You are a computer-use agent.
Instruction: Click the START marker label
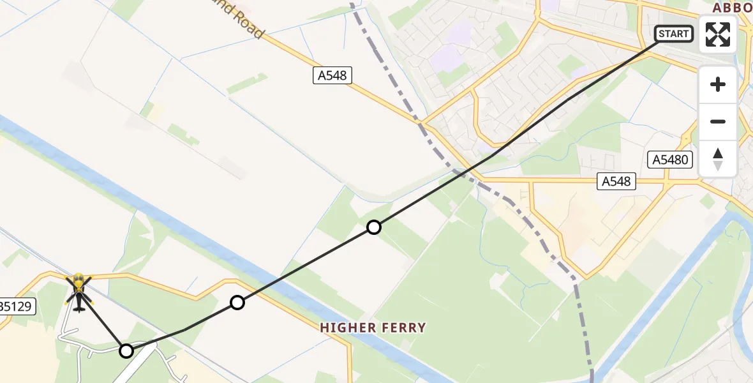[x=674, y=34]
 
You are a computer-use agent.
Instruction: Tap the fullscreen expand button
[x=718, y=34]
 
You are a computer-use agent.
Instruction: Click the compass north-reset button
[x=718, y=159]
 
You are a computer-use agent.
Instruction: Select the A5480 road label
[x=670, y=160]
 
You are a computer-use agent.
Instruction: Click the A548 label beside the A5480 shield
[x=616, y=181]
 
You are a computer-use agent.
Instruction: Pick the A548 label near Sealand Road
[x=332, y=75]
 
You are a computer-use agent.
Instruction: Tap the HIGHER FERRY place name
[x=373, y=327]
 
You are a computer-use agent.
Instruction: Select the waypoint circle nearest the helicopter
[x=126, y=350]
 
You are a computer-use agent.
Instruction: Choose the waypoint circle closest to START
[x=374, y=227]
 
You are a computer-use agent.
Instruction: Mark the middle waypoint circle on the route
[x=237, y=303]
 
